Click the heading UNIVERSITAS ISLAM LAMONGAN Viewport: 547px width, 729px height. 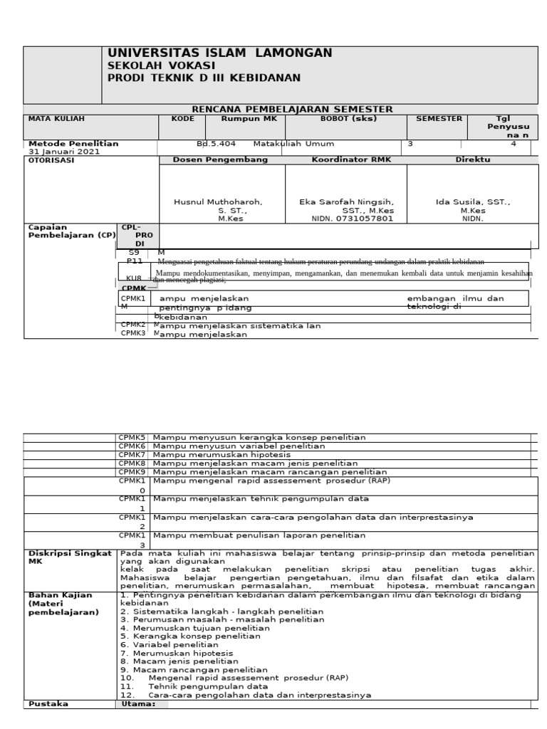tap(219, 53)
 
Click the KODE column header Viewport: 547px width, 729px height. tap(182, 118)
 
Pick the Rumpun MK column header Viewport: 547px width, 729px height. tap(244, 118)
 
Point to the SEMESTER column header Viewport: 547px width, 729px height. tap(439, 118)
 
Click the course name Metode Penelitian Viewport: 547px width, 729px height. tap(73, 143)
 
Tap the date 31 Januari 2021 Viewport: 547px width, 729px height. tap(64, 152)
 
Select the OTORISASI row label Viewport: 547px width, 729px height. tap(51, 160)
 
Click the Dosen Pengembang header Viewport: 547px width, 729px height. tap(221, 160)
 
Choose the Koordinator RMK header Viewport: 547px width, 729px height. tap(345, 160)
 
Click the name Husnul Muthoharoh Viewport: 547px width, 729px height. tap(218, 202)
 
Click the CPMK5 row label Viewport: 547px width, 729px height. tap(132, 437)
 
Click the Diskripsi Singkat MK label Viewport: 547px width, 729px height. tap(68, 557)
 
